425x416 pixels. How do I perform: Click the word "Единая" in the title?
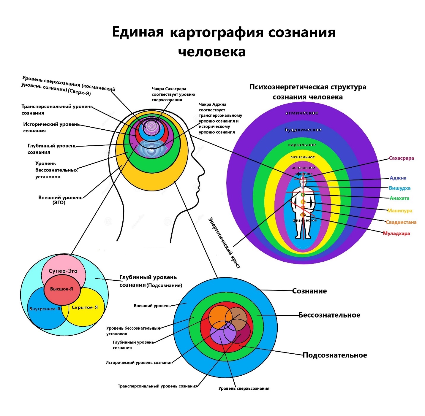138,32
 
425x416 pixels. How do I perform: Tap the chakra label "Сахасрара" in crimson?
402,158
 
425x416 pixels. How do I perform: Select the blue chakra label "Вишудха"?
400,188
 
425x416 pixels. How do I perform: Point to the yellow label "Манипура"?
400,211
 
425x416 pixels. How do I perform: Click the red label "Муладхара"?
396,234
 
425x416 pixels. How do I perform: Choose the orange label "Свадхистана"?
401,222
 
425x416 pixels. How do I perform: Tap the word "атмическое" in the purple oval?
302,113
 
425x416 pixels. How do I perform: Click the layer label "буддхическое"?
303,130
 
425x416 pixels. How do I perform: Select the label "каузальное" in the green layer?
302,145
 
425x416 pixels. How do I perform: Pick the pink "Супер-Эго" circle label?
63,271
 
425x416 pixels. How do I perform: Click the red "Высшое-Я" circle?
61,289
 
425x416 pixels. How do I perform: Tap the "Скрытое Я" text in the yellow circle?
85,307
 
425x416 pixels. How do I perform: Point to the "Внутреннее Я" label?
45,309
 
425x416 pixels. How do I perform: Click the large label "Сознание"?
309,291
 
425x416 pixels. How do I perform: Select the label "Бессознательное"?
329,315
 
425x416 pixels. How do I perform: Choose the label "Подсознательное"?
335,355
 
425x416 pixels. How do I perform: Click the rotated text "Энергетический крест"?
224,243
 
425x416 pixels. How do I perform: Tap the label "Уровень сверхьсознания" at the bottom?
244,388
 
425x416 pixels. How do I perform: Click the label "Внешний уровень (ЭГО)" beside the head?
60,200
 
